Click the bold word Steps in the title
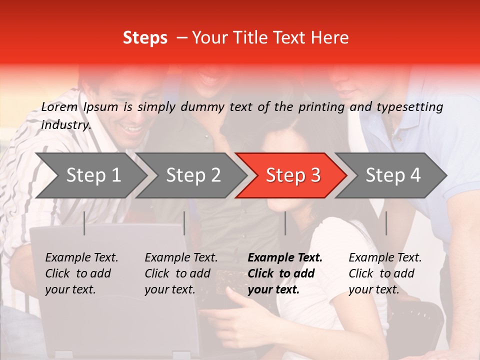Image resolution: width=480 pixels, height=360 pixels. [145, 38]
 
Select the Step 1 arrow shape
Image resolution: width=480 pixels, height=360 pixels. [91, 175]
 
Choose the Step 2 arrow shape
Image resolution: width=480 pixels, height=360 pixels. [191, 175]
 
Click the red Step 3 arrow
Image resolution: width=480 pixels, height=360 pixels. [291, 175]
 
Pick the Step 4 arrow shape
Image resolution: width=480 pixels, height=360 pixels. [391, 175]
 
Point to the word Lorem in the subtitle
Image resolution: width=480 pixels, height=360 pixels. [59, 107]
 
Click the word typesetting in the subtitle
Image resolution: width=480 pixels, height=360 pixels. [410, 107]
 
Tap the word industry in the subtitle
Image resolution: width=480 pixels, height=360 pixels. [66, 125]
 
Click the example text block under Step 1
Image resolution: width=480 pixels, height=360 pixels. [81, 273]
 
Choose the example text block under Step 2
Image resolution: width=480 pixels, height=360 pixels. [181, 273]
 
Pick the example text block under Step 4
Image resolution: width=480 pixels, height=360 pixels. [385, 273]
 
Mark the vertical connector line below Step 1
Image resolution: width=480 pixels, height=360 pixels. [84, 223]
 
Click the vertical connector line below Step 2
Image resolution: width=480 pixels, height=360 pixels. [184, 223]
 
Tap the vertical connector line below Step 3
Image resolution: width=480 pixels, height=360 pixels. [285, 223]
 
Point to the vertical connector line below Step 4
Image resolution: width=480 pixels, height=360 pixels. [386, 223]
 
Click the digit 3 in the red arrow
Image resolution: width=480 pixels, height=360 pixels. [316, 175]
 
